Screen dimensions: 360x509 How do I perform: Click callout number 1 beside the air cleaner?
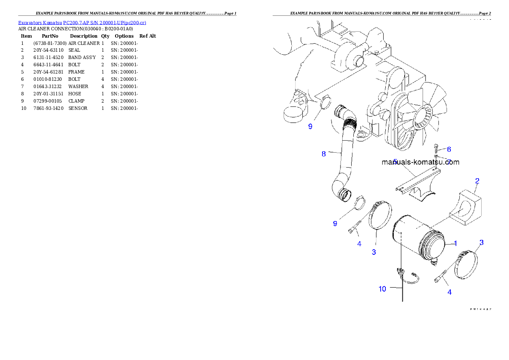click(456, 243)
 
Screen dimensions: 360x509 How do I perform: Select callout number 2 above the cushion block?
click(477, 181)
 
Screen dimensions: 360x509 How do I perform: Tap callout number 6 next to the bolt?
click(449, 149)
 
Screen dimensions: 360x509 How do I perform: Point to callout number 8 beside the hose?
click(324, 154)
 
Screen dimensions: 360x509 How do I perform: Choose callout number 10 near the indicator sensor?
click(382, 289)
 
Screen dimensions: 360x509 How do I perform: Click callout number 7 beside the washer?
click(449, 162)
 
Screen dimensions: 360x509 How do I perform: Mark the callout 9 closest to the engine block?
click(310, 127)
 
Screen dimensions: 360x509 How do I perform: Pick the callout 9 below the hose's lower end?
click(335, 224)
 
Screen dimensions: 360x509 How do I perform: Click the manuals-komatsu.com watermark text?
click(420, 162)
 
